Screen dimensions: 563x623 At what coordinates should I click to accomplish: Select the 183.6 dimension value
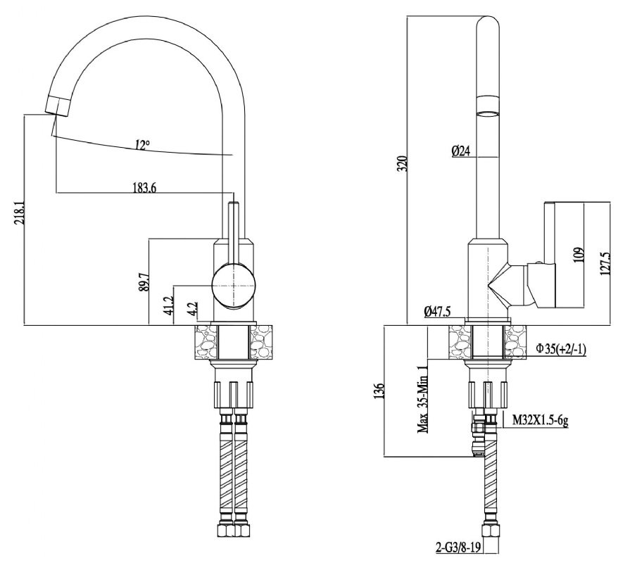point(144,187)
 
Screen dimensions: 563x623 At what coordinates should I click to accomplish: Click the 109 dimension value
point(578,255)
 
